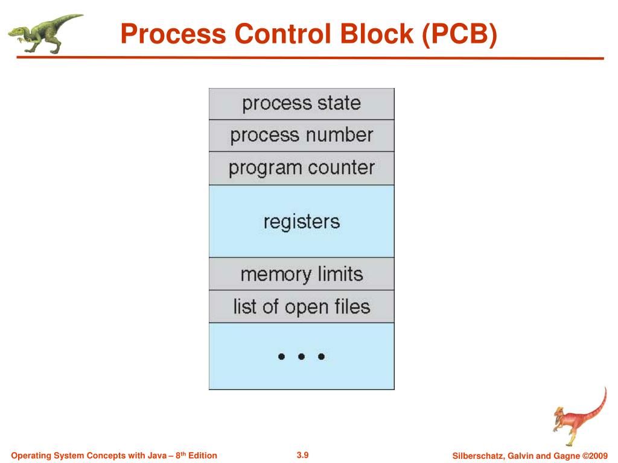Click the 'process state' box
pos(301,104)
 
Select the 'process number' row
pos(301,136)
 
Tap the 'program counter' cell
pos(301,168)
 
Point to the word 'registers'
pos(301,221)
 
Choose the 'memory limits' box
pos(301,274)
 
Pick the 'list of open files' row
pos(301,307)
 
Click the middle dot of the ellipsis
pos(301,356)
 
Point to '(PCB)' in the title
pos(458,35)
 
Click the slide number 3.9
pos(302,455)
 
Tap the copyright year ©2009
pos(594,455)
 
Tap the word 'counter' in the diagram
pos(341,168)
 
